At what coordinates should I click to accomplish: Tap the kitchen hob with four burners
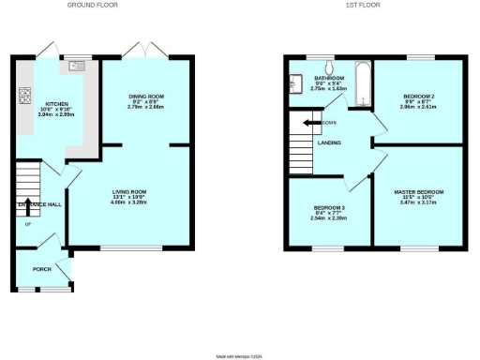[x=25, y=97]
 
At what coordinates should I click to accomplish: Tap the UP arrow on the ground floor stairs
[x=26, y=222]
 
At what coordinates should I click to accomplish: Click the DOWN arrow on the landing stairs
[x=309, y=123]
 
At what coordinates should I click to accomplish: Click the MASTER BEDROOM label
[x=419, y=191]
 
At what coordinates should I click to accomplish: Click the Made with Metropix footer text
[x=240, y=355]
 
